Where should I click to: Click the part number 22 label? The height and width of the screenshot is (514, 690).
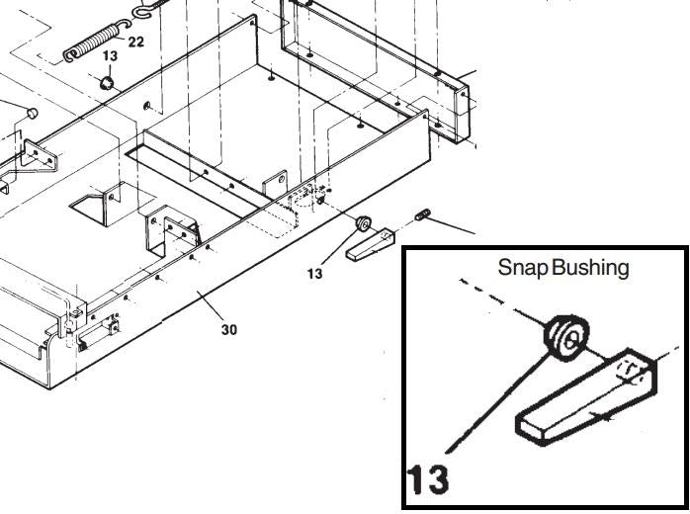click(x=136, y=42)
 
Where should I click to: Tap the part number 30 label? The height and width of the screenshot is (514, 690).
click(x=228, y=329)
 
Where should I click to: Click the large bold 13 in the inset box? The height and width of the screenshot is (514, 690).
click(x=428, y=478)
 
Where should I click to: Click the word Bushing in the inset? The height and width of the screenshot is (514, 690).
click(x=590, y=267)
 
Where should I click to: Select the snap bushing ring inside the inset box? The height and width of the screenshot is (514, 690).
click(x=566, y=337)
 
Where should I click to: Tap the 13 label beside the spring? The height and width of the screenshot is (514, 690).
click(x=110, y=56)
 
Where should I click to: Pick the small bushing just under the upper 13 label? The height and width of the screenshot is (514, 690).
click(x=106, y=82)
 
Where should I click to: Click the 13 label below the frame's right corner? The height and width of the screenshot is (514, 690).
click(x=314, y=274)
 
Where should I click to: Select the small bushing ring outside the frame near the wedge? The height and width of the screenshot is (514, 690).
click(x=363, y=223)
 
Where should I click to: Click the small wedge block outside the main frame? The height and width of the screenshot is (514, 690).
click(x=370, y=245)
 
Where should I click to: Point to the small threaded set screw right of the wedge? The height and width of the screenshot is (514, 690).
click(x=423, y=214)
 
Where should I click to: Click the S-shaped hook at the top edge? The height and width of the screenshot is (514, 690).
click(x=145, y=10)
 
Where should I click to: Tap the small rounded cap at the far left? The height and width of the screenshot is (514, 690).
click(x=33, y=113)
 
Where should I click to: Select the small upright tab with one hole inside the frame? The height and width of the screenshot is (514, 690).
click(x=275, y=184)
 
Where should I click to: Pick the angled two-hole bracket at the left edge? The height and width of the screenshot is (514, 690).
click(x=40, y=155)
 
